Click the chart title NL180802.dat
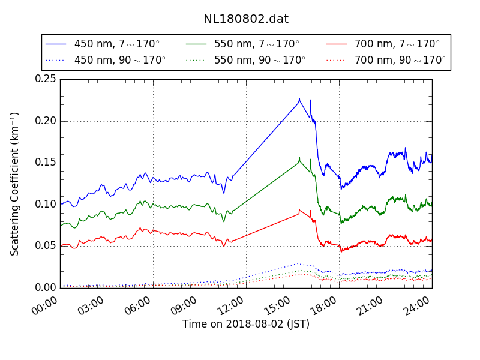point(246,19)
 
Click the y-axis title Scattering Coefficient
point(15,184)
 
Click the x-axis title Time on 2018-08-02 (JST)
point(246,324)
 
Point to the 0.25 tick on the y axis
point(46,79)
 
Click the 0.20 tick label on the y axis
point(46,121)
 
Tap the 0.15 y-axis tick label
point(46,163)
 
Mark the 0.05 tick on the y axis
point(46,246)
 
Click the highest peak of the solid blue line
point(299,99)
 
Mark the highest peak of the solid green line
point(299,158)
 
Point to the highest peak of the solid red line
point(299,209)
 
